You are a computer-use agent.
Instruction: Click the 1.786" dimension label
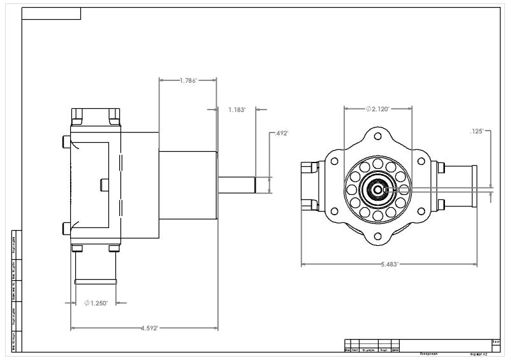(x=188, y=81)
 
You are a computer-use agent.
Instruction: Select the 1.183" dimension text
(x=237, y=110)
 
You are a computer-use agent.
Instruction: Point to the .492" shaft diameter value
(x=281, y=134)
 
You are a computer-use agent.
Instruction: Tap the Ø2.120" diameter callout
(x=378, y=109)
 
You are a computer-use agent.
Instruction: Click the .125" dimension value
(x=477, y=131)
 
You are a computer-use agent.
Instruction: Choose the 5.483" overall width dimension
(x=390, y=264)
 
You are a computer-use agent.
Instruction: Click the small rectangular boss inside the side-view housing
(x=105, y=184)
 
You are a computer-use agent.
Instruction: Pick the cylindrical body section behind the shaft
(x=188, y=184)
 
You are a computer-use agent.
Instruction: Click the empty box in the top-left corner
(x=52, y=14)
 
